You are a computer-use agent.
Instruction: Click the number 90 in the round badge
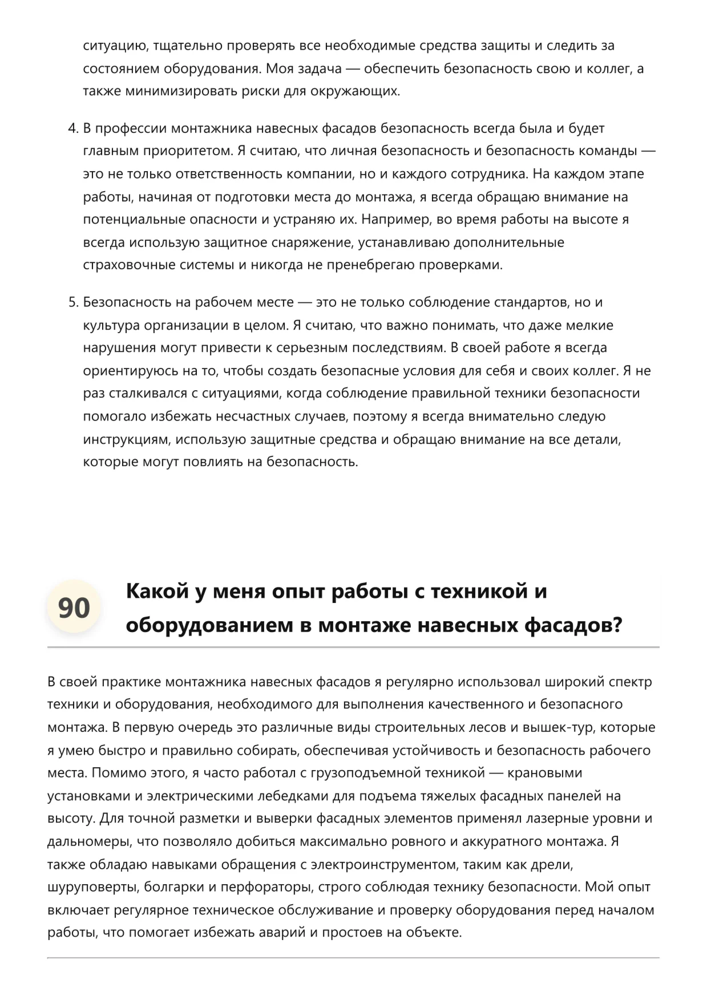click(74, 608)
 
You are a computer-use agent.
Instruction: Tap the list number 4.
click(72, 128)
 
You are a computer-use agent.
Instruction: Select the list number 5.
click(72, 302)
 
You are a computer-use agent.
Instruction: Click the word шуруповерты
click(92, 887)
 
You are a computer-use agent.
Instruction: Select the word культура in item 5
click(111, 325)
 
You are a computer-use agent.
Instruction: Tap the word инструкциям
click(126, 439)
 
